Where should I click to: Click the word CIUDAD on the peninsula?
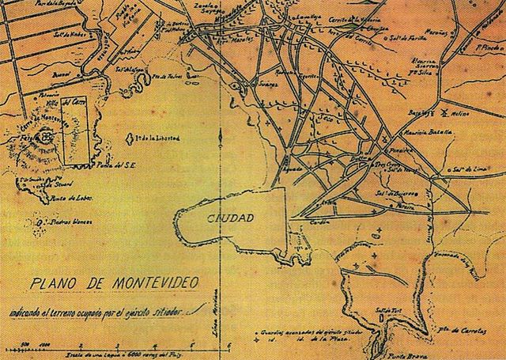click(x=231, y=217)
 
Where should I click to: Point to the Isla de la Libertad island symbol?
click(x=130, y=138)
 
